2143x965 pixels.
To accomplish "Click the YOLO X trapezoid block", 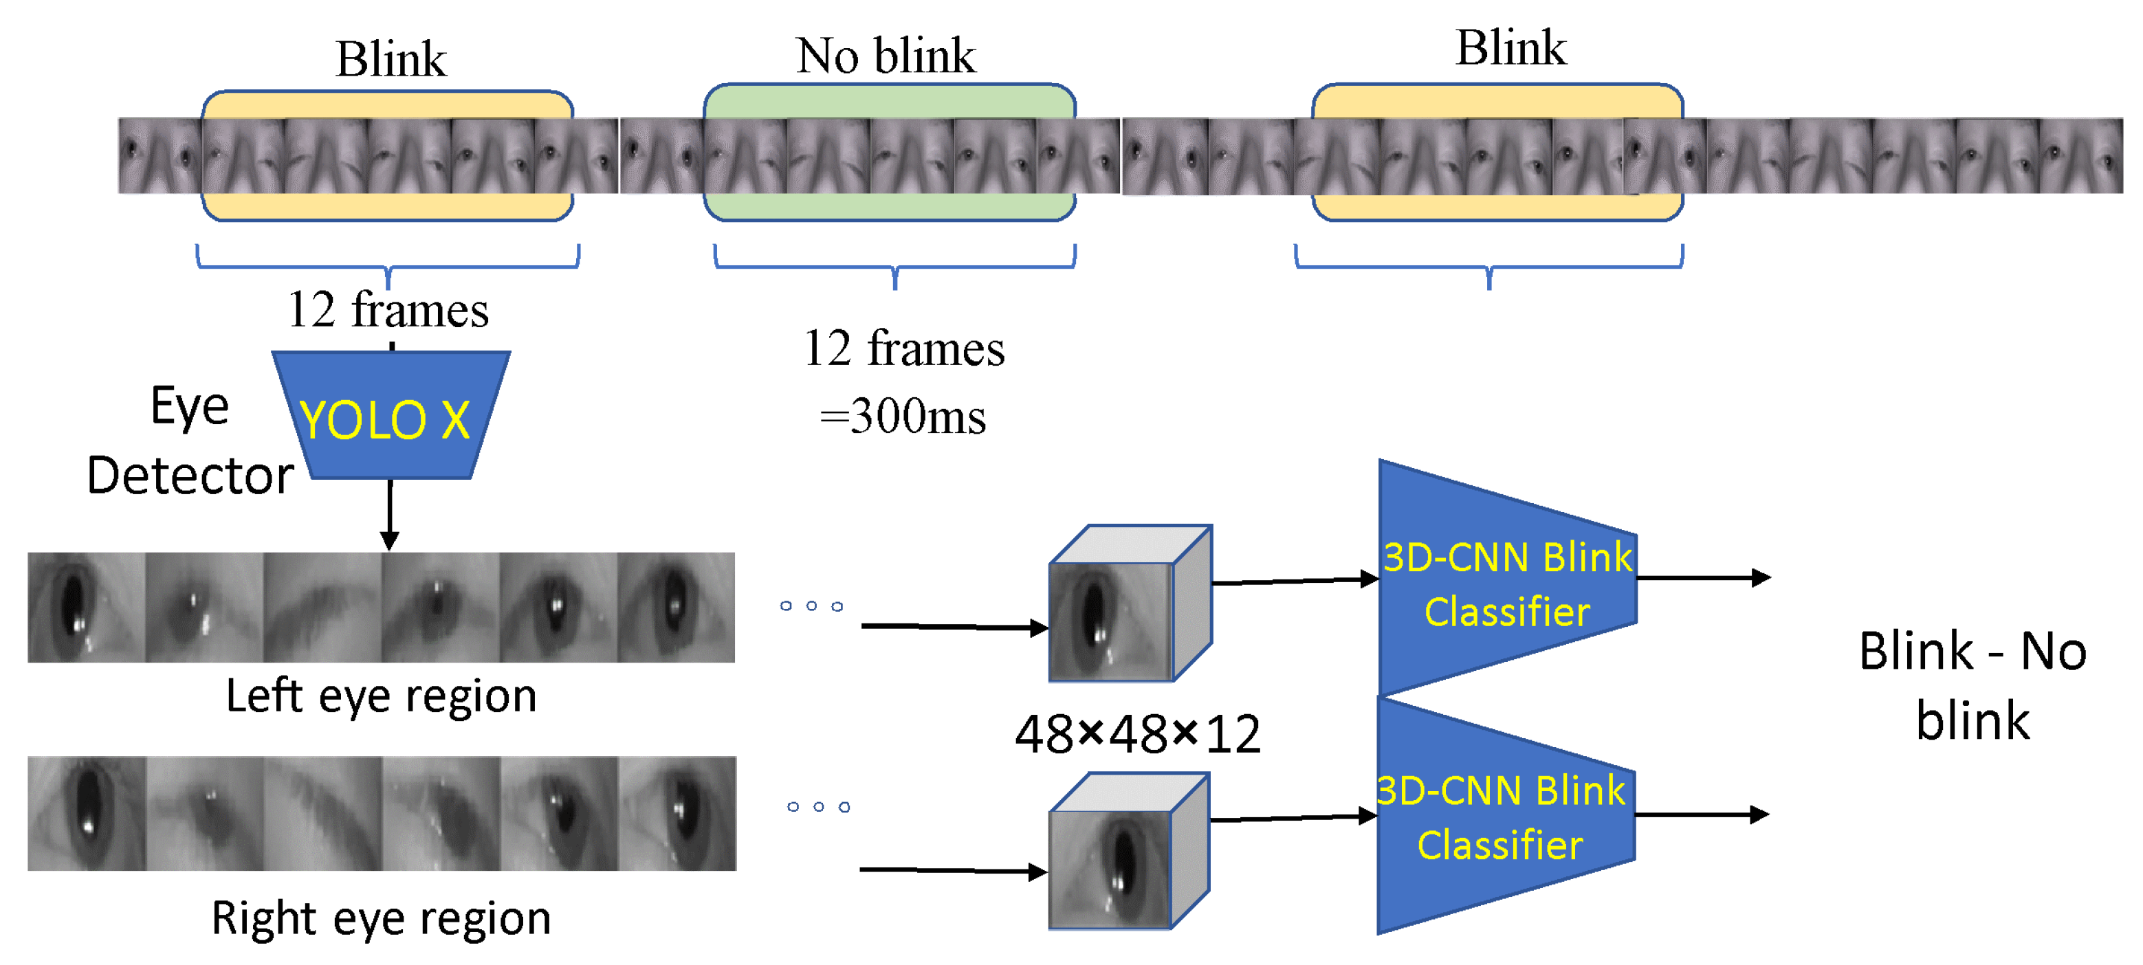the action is click(x=391, y=415).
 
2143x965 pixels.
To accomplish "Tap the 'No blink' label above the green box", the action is click(x=886, y=56).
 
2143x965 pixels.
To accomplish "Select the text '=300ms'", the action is click(x=903, y=416).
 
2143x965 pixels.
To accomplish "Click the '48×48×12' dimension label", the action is click(x=1137, y=734).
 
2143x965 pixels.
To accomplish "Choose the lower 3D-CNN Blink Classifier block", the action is click(x=1506, y=815).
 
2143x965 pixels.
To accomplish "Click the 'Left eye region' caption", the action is click(x=381, y=696).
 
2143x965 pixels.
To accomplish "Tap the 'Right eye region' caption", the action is click(x=381, y=919).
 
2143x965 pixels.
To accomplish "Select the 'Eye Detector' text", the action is click(x=190, y=441).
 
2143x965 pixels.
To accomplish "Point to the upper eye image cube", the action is click(x=1130, y=603).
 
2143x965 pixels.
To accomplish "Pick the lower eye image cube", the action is click(x=1129, y=850).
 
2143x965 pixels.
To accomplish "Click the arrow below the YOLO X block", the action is click(x=389, y=514).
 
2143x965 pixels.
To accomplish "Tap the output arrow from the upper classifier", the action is click(x=1704, y=577).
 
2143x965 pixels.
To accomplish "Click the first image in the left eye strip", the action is click(x=87, y=608).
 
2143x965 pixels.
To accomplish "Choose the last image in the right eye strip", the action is click(x=677, y=814).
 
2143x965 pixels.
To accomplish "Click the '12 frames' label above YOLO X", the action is click(x=388, y=309).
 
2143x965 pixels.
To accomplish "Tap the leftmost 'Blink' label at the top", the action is click(x=391, y=59).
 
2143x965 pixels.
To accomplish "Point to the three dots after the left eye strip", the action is click(x=811, y=606).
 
